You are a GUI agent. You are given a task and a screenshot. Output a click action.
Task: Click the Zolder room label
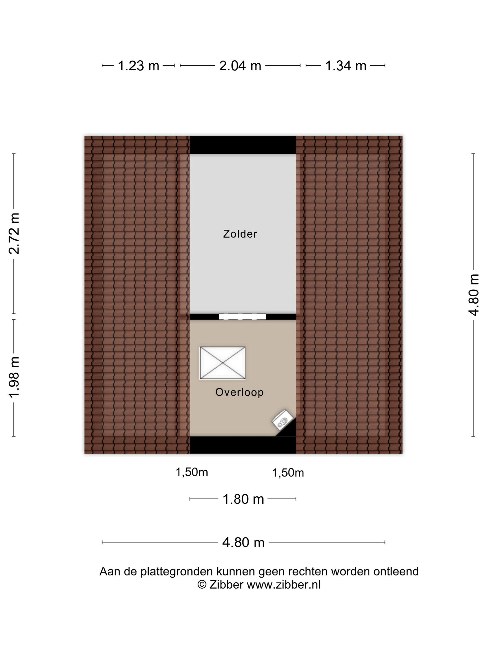(x=240, y=234)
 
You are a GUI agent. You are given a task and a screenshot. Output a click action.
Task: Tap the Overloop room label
(x=240, y=392)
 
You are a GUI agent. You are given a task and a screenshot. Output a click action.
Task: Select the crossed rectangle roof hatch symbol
(x=222, y=363)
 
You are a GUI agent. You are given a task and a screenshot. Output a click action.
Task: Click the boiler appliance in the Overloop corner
(x=283, y=420)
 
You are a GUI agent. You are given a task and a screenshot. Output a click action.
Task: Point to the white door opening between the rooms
(x=243, y=317)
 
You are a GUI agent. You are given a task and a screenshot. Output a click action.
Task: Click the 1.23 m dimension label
(x=138, y=66)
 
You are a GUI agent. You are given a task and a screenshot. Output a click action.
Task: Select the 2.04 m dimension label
(x=240, y=66)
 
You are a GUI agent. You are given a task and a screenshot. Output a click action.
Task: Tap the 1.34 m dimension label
(x=346, y=66)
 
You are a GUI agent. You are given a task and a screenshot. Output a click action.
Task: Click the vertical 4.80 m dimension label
(x=473, y=295)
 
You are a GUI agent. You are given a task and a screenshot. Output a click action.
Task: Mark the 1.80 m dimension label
(x=243, y=499)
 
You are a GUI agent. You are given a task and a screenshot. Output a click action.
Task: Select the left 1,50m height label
(x=192, y=472)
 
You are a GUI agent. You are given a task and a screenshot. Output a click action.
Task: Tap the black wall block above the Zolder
(x=243, y=145)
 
